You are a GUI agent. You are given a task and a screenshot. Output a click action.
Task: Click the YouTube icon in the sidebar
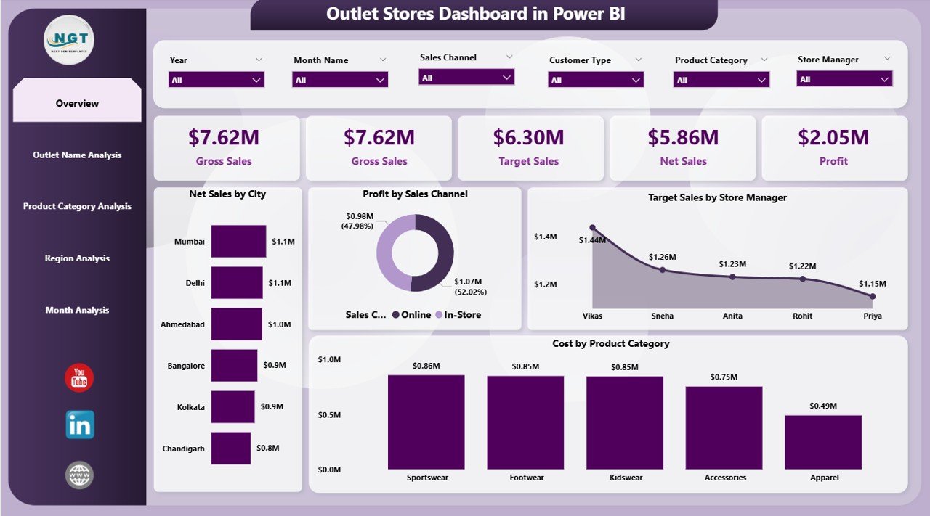click(79, 378)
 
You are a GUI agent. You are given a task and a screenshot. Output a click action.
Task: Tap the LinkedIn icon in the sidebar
click(79, 425)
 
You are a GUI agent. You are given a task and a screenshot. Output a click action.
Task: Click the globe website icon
click(79, 475)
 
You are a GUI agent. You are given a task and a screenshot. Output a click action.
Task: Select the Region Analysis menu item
click(77, 258)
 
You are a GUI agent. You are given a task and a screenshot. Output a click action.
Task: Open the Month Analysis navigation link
click(77, 310)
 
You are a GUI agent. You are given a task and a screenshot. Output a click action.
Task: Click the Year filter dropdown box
click(216, 80)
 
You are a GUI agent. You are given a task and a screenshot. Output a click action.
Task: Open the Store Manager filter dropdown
click(844, 79)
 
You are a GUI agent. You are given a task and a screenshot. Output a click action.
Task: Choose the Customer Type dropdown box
click(596, 80)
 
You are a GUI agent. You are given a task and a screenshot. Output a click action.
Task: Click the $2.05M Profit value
click(833, 137)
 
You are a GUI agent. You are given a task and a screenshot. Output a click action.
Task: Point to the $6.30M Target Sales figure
click(528, 137)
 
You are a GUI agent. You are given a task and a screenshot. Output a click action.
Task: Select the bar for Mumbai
click(238, 242)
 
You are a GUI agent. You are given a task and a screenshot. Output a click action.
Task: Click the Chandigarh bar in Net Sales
click(231, 449)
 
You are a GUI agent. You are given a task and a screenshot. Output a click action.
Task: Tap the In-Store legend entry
click(458, 314)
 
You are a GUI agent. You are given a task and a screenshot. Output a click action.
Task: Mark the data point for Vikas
click(592, 228)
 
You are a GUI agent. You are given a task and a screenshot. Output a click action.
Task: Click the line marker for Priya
click(873, 296)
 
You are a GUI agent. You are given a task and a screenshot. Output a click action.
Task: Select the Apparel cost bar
click(823, 442)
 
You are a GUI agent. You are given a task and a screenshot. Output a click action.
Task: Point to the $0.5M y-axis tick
click(329, 414)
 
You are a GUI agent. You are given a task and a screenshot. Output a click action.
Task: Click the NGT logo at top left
click(69, 40)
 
